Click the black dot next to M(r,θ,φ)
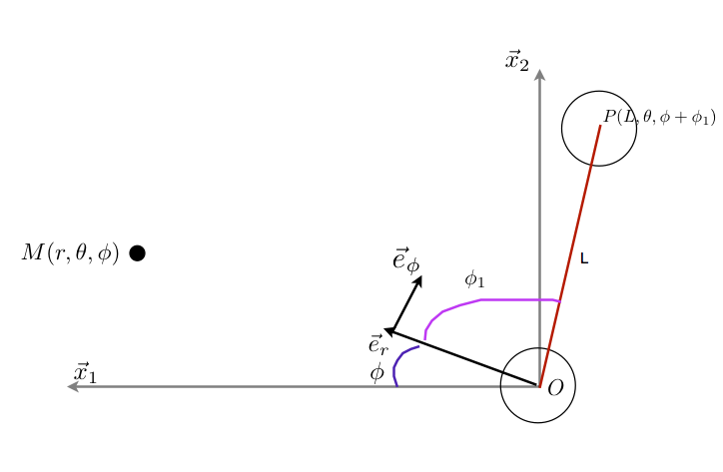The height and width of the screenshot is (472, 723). click(138, 253)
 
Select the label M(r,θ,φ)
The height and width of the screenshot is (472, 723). click(70, 253)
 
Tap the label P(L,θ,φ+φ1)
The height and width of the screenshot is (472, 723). click(659, 119)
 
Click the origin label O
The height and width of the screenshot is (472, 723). click(556, 387)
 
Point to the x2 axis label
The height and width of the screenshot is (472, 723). click(516, 62)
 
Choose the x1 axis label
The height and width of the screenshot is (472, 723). click(85, 373)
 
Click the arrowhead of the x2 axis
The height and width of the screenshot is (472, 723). click(539, 74)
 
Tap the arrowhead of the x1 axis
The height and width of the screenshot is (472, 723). click(72, 386)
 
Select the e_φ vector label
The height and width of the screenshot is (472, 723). click(405, 260)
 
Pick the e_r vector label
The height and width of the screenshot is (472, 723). click(378, 345)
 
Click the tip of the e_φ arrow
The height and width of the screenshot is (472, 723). click(420, 277)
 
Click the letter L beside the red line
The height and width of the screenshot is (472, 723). click(584, 258)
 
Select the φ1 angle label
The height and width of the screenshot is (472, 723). click(474, 279)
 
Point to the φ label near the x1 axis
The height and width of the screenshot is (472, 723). click(376, 374)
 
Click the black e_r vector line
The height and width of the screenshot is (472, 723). click(464, 358)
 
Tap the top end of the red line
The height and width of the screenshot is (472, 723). click(600, 126)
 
